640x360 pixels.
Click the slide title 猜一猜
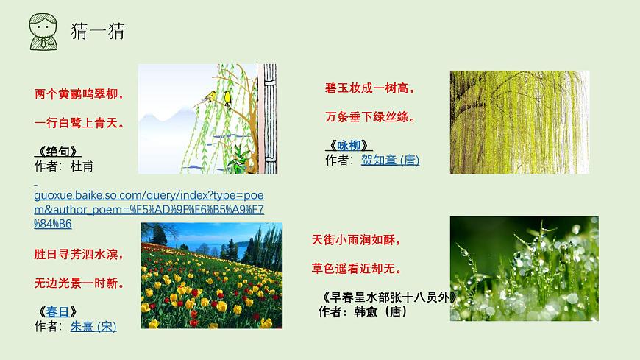pos(97,31)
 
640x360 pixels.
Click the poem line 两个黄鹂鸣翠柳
pos(79,94)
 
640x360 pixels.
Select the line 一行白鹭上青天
pos(79,123)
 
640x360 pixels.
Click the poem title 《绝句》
pos(57,152)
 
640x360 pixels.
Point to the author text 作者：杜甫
pos(64,166)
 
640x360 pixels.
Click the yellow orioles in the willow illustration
pos(218,96)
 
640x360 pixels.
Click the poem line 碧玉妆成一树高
pos(370,88)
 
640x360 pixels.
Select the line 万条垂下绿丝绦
pos(370,117)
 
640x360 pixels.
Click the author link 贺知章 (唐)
pos(390,160)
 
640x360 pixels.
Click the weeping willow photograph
pos(519,122)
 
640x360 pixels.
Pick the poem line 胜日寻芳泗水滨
pos(79,255)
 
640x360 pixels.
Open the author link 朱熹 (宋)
pos(93,326)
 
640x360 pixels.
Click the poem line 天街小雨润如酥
pos(357,240)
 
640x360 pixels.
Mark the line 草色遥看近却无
pos(357,269)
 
